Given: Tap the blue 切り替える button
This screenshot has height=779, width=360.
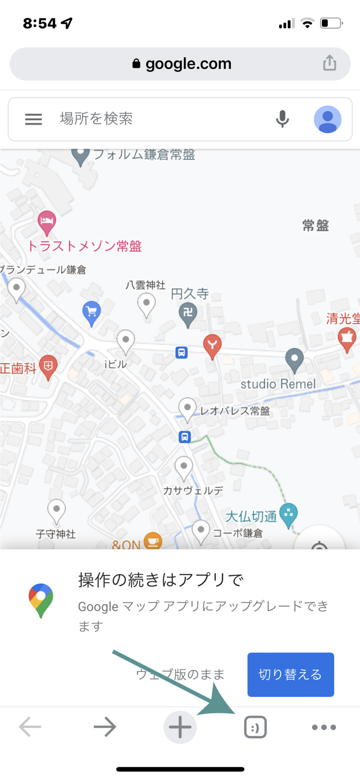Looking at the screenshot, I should pos(290,674).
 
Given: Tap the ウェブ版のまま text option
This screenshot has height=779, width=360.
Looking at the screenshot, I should pos(180,674).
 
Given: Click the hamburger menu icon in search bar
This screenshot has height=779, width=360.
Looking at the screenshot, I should pos(33,119).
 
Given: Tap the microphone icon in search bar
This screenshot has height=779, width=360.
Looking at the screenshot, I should pos(282,119).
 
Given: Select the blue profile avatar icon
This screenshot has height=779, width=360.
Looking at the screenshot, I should pos(327,119).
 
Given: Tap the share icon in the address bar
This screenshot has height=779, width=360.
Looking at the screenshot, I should pos(330,63).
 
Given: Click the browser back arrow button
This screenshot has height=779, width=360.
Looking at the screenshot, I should pos(30,727).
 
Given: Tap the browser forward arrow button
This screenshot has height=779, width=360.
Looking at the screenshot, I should pos(105,727).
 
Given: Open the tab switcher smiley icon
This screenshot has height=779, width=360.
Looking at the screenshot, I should pos(255,727).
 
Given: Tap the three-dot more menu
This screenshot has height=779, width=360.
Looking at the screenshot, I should pos(324,727).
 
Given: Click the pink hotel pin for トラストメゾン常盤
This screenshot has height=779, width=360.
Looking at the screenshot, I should pos(47,221).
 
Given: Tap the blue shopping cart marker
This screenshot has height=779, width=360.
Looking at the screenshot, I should pos(92,312).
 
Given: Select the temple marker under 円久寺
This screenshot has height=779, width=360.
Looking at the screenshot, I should pos(188,313).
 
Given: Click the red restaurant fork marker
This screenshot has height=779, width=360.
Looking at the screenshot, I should pos(212,345).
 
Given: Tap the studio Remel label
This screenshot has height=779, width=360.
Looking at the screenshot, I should pos(278,384).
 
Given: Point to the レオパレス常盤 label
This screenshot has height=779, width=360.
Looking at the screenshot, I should pos(235,411).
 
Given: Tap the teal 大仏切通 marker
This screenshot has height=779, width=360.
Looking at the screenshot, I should pos(289,514).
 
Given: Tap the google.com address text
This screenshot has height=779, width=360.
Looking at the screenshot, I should pos(188,64).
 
